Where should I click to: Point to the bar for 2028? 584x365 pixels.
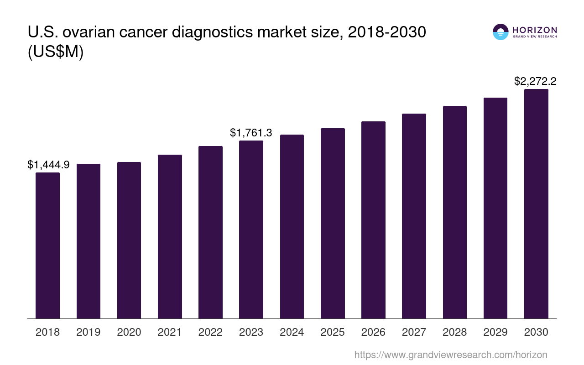(x=454, y=212)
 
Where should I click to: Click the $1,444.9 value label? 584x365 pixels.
(x=48, y=165)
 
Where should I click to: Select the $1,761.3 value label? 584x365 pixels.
(x=251, y=133)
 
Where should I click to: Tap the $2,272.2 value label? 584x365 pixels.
(x=535, y=81)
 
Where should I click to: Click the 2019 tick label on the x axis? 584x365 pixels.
(x=88, y=332)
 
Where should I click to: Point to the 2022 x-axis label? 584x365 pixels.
(x=210, y=332)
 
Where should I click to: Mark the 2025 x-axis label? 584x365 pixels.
(x=333, y=332)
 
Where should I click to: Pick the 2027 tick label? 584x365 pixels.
(x=414, y=332)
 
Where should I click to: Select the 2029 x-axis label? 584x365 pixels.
(x=495, y=332)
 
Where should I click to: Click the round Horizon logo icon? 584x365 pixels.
(x=501, y=32)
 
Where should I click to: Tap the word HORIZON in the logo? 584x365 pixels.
(x=535, y=30)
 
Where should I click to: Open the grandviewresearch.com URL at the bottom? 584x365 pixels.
(x=450, y=355)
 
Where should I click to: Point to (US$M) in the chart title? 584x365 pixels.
(x=56, y=52)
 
